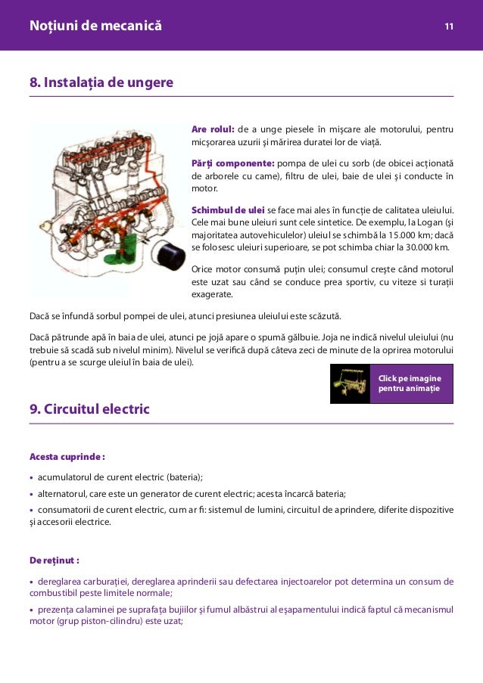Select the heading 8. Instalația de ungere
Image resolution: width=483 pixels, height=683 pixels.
click(x=101, y=81)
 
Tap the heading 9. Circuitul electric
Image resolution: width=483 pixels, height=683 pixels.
click(x=89, y=409)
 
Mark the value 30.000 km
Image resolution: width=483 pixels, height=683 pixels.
click(x=422, y=247)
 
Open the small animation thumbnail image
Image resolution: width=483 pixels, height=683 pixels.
click(x=350, y=383)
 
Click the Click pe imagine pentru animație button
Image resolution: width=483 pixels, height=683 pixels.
click(x=411, y=383)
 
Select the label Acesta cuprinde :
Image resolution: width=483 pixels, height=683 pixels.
click(x=67, y=457)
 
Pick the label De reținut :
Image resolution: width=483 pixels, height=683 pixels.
click(x=54, y=560)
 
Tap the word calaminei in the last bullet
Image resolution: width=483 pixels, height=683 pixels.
click(x=94, y=609)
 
